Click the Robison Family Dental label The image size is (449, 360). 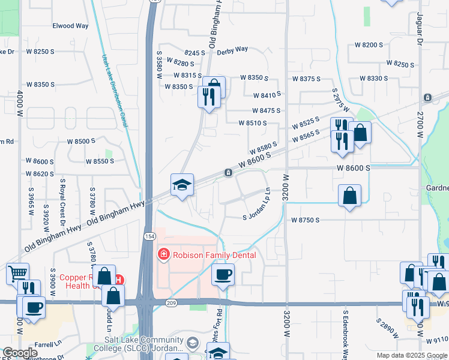pyautogui.click(x=214, y=255)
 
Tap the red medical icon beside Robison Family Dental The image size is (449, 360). pyautogui.click(x=163, y=255)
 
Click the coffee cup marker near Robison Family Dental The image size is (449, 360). pyautogui.click(x=223, y=275)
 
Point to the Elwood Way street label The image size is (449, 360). pyautogui.click(x=70, y=26)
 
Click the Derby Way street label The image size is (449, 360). pyautogui.click(x=232, y=49)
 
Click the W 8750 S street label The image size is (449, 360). pyautogui.click(x=305, y=220)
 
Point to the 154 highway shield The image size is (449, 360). pyautogui.click(x=148, y=236)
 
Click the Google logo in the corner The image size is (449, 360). pyautogui.click(x=19, y=353)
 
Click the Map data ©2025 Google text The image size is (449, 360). pyautogui.click(x=412, y=355)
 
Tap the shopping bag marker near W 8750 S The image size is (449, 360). pyautogui.click(x=349, y=196)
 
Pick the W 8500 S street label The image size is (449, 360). pyautogui.click(x=82, y=142)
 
